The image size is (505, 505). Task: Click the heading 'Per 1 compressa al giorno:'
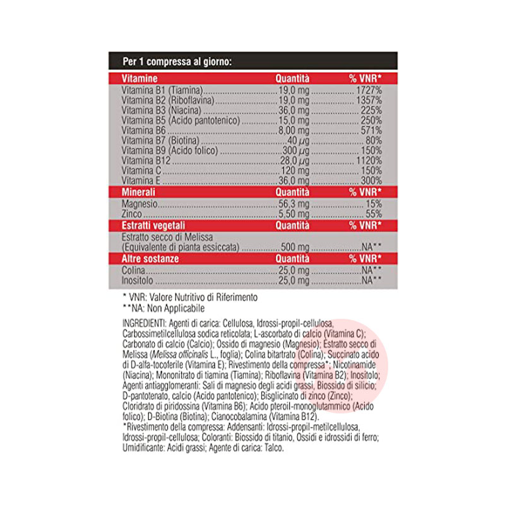(177, 62)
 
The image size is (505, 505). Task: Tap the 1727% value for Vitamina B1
(366, 90)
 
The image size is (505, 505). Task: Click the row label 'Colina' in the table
(132, 270)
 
